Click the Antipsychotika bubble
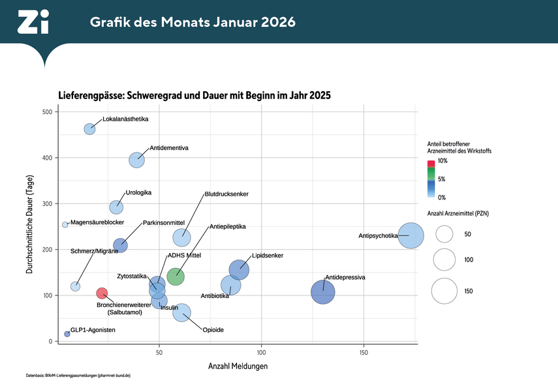click(411, 235)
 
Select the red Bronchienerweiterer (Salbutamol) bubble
click(102, 293)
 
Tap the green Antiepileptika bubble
click(176, 276)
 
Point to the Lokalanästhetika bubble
click(90, 129)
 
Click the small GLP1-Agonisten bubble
click(67, 334)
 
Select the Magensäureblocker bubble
click(65, 224)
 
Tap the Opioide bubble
click(182, 313)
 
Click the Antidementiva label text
click(169, 148)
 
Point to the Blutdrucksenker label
click(226, 194)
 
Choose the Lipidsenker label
click(267, 256)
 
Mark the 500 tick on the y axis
click(48, 112)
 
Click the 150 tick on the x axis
click(364, 353)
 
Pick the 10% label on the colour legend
click(442, 160)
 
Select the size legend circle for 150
click(444, 291)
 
